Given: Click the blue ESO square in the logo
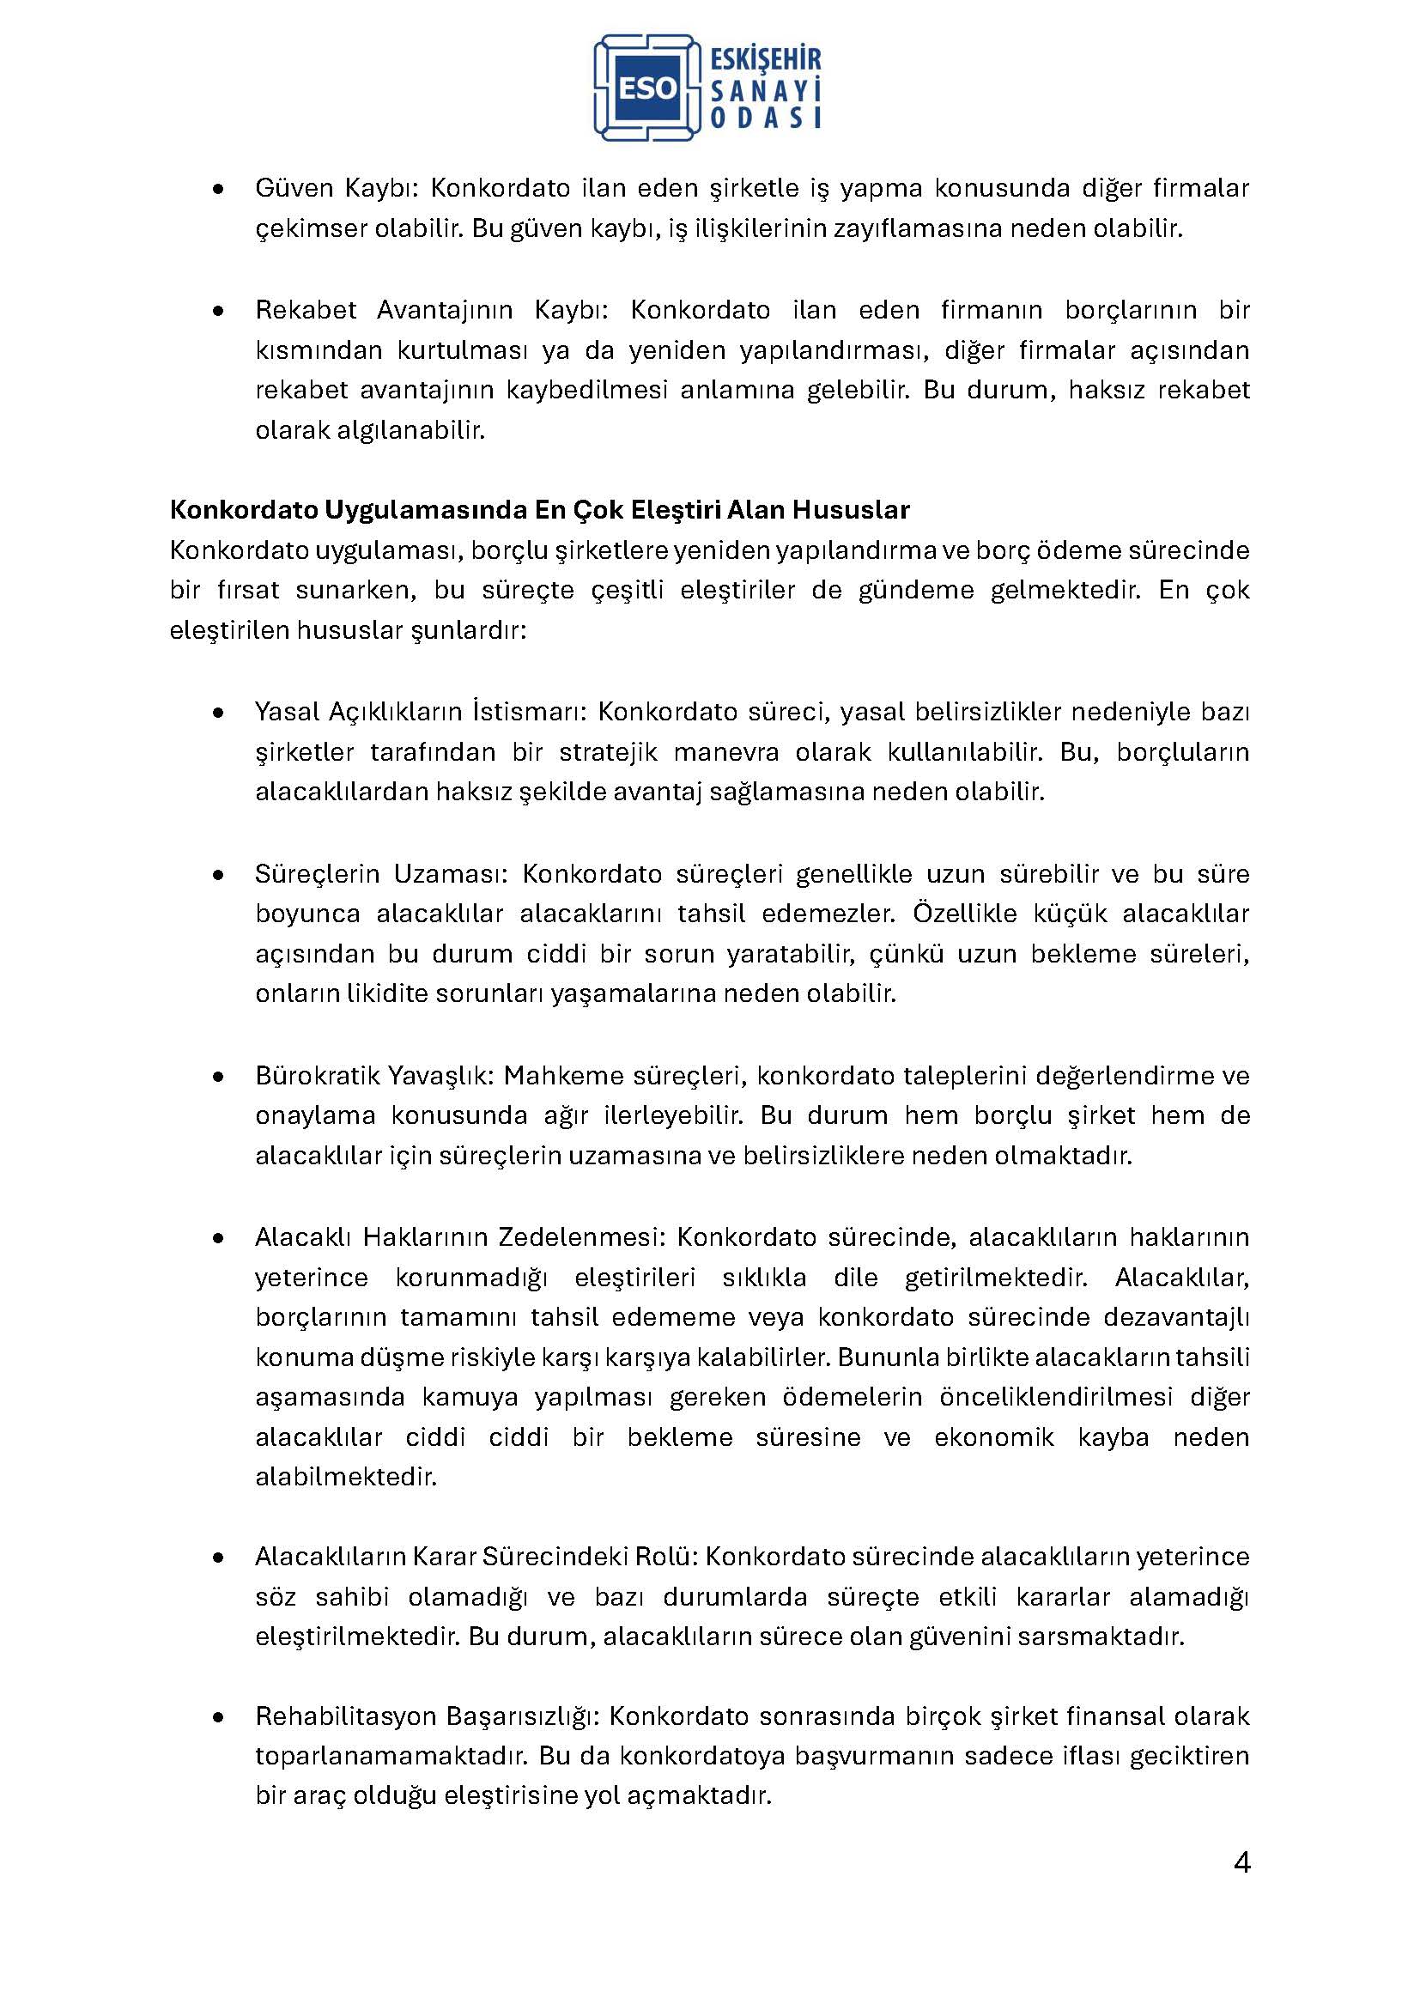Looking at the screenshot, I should pos(648,88).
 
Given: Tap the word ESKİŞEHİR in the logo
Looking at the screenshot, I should pos(766,59).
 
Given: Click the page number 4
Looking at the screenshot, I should pos(1241,1862).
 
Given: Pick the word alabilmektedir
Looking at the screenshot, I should pos(345,1477).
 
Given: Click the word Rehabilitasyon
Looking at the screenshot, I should pos(346,1716).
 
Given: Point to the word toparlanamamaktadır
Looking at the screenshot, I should pos(390,1756).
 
